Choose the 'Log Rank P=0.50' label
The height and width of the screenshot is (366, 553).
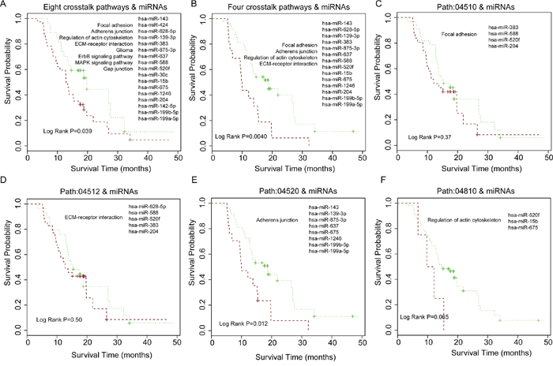pos(63,319)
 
